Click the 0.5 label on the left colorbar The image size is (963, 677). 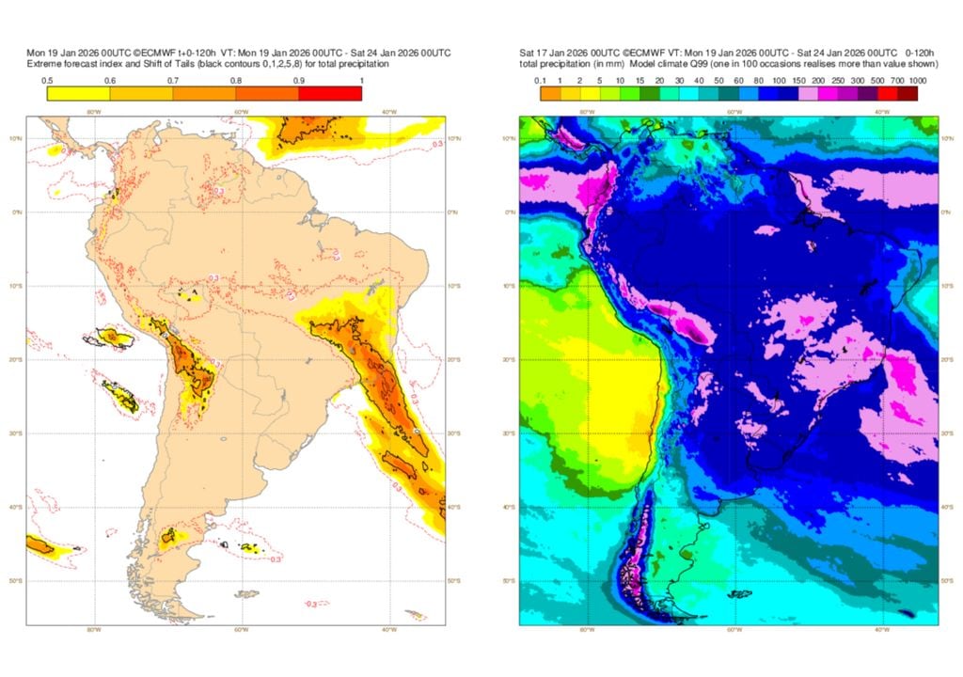pyautogui.click(x=46, y=80)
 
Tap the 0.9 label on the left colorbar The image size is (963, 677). pyautogui.click(x=299, y=80)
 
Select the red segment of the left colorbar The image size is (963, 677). pyautogui.click(x=330, y=92)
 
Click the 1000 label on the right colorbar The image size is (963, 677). pyautogui.click(x=917, y=80)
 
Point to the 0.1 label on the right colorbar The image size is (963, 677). pyautogui.click(x=541, y=80)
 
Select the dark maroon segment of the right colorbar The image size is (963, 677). pyautogui.click(x=917, y=92)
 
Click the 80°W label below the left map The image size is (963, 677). pyautogui.click(x=93, y=629)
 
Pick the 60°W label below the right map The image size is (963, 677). pyautogui.click(x=734, y=629)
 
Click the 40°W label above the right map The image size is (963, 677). pyautogui.click(x=882, y=112)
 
